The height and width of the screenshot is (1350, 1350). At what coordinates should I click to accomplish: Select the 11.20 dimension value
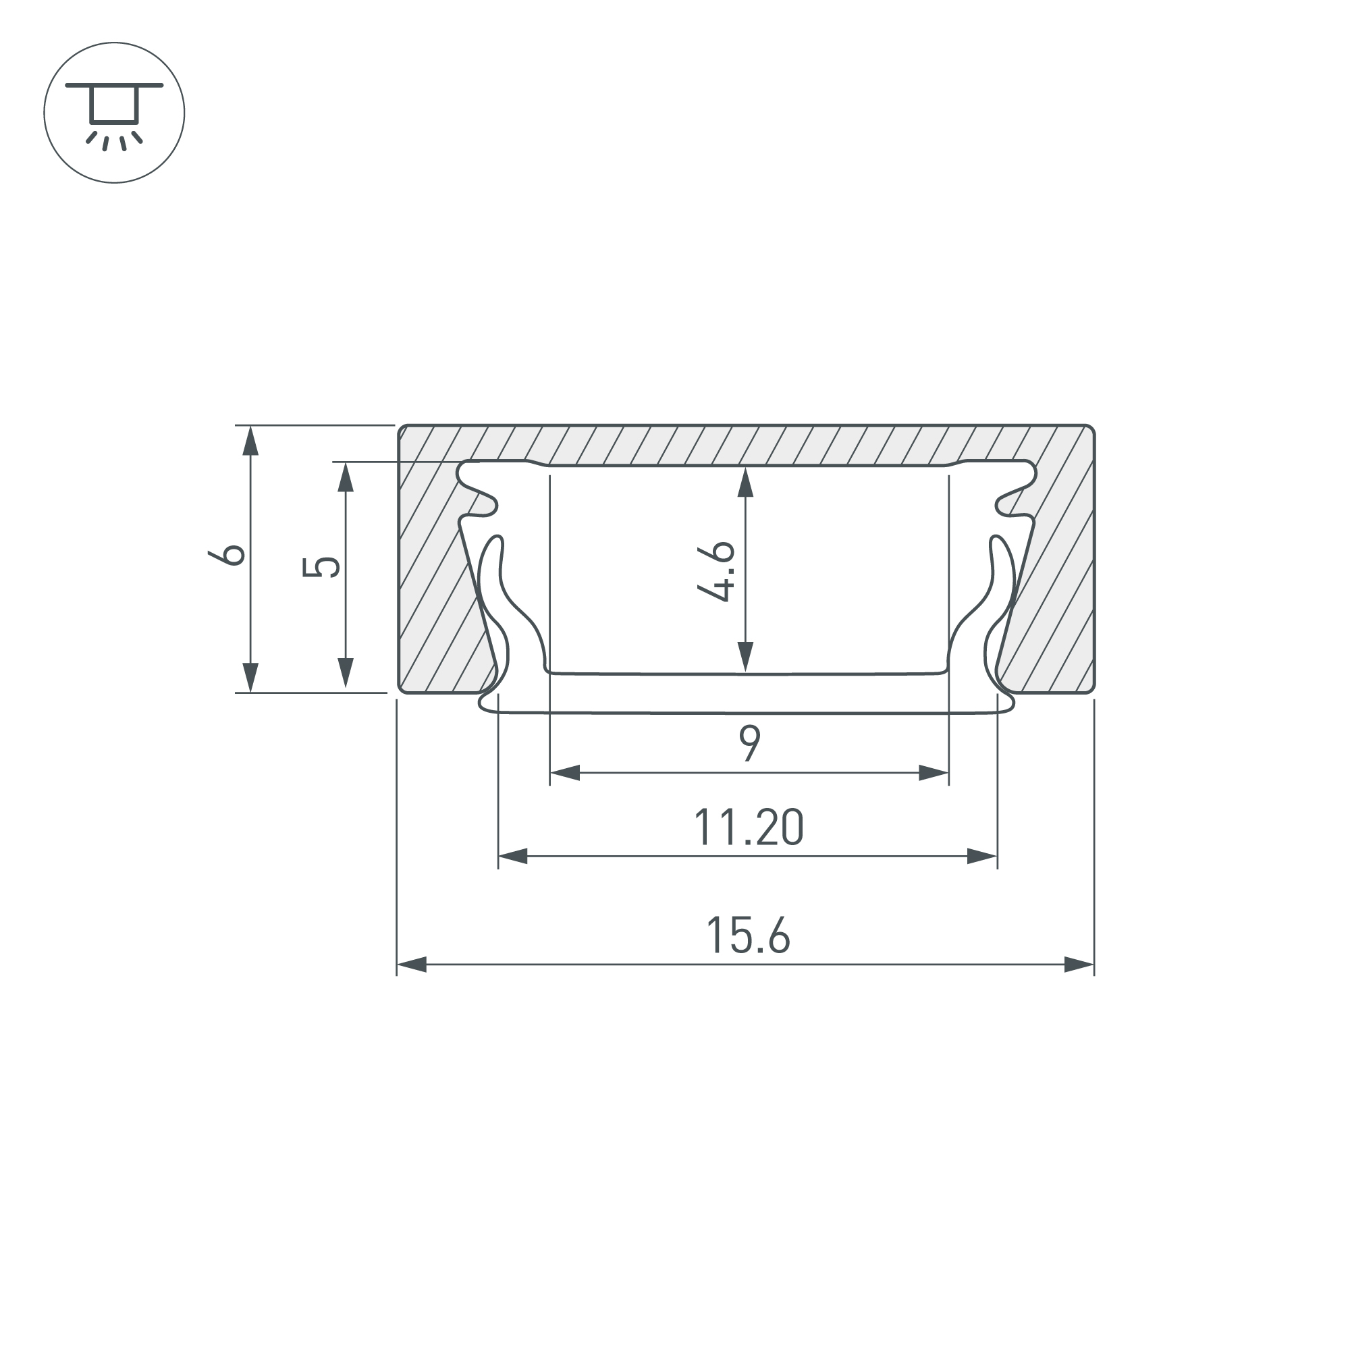coord(749,828)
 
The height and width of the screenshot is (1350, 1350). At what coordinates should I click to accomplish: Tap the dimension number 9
coord(750,743)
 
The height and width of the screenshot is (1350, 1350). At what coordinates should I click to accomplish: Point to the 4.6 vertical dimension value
coord(716,571)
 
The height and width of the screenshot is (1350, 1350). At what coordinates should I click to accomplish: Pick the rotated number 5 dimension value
coord(321,566)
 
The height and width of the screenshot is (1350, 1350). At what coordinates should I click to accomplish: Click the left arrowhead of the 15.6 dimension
coord(412,965)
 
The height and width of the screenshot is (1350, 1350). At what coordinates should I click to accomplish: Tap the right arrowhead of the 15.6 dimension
coord(1079,965)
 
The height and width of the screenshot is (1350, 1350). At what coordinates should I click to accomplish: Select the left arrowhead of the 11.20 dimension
coord(513,856)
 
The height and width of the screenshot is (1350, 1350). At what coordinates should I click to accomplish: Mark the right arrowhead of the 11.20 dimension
coord(981,856)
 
